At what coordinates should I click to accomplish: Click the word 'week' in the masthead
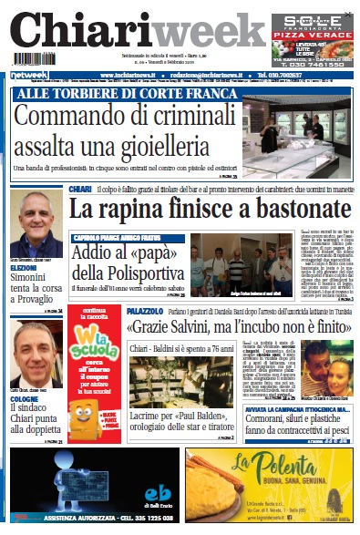tap(204, 35)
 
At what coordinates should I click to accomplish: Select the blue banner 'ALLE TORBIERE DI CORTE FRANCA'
tap(106, 95)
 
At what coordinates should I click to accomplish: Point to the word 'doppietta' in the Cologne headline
tap(37, 427)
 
